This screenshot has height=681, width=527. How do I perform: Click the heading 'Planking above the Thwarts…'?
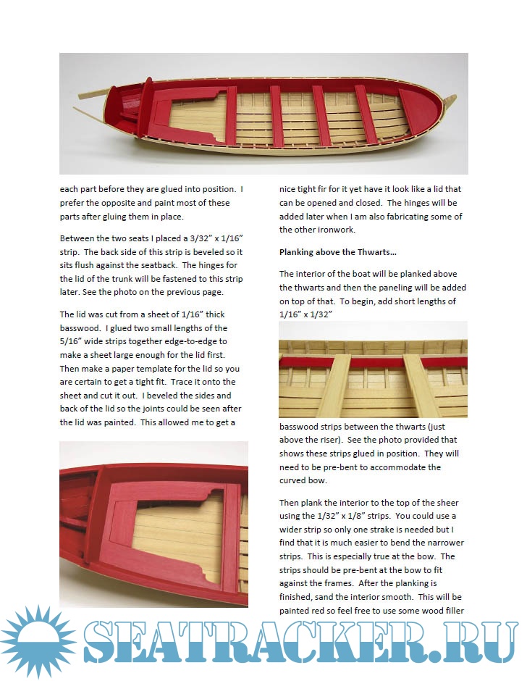(337, 252)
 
